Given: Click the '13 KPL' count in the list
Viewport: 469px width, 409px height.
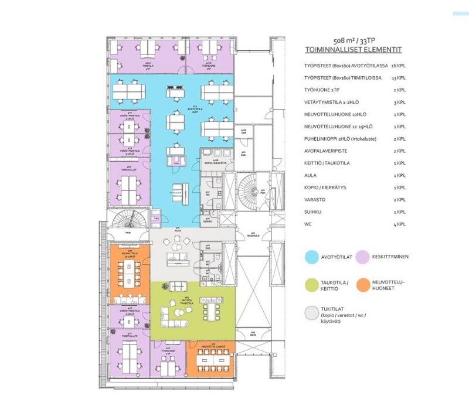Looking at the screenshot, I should click(x=397, y=77).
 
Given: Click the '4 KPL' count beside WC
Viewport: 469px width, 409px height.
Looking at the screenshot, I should click(x=399, y=224).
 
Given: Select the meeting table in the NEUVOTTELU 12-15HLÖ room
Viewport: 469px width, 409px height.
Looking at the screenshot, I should click(x=128, y=274).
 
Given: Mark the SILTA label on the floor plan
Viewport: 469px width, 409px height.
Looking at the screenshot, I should click(x=253, y=334).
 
